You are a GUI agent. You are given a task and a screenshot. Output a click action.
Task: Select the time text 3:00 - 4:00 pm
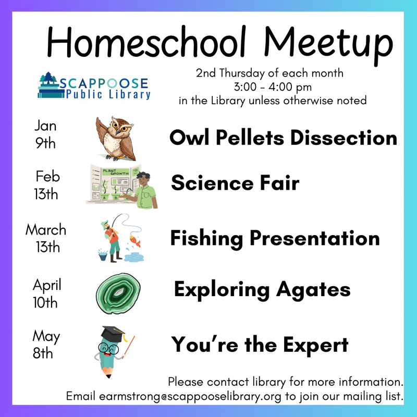point(272,85)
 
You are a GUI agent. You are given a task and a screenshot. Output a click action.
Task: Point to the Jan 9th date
point(45,135)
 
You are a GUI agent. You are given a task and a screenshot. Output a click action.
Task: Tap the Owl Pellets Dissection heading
point(283,138)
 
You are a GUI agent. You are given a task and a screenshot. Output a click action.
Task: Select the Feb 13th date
point(47,185)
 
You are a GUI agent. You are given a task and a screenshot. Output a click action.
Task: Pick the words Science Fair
point(235,183)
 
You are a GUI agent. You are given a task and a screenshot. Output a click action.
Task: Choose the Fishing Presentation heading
point(275,239)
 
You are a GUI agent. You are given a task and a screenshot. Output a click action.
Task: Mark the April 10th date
point(47,293)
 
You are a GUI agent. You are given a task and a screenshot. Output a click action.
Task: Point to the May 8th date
point(46,344)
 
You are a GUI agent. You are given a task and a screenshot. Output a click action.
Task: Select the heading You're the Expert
point(260,345)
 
